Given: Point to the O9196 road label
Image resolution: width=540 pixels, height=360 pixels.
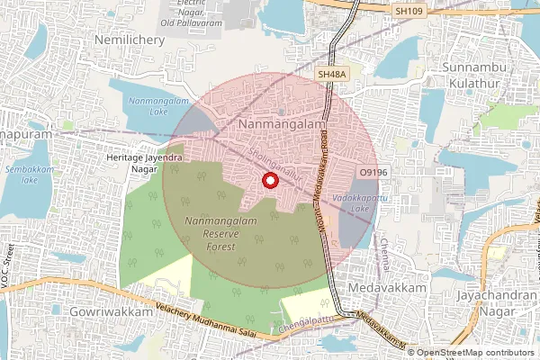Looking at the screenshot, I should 373,170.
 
